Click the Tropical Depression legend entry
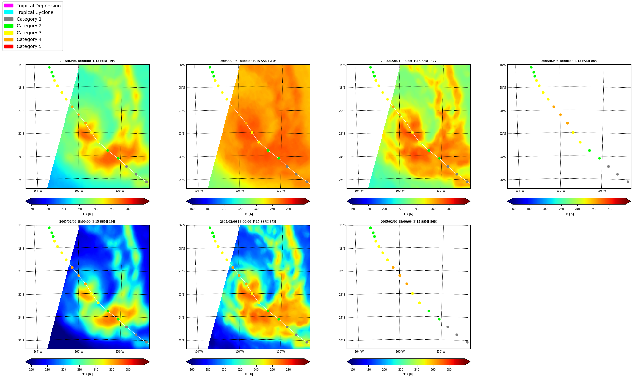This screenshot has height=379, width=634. point(32,6)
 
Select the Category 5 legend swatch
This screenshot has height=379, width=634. point(9,46)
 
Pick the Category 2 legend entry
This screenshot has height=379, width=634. point(23,26)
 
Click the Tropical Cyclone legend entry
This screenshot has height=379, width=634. point(29,12)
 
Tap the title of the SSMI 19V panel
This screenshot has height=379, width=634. point(87,61)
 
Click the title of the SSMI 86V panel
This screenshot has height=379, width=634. point(569,61)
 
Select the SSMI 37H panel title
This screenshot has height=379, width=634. point(248,222)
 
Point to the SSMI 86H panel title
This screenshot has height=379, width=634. point(409,222)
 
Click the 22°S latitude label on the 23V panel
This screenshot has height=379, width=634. point(181,134)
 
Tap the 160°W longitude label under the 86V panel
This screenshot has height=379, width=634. point(561,191)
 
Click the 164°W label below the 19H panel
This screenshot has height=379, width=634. point(38,351)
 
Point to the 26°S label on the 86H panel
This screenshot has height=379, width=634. point(342,341)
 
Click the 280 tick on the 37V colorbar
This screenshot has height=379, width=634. point(449,209)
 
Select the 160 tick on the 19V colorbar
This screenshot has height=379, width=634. point(31,209)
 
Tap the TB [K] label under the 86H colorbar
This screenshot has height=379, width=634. point(409,374)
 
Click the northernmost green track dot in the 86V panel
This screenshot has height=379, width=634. point(531,68)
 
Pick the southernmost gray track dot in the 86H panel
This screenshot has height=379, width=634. point(467,342)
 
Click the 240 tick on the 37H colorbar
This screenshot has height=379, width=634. point(256,370)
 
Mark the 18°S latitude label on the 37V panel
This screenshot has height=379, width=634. point(342,88)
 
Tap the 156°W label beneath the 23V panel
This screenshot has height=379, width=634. point(281,191)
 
